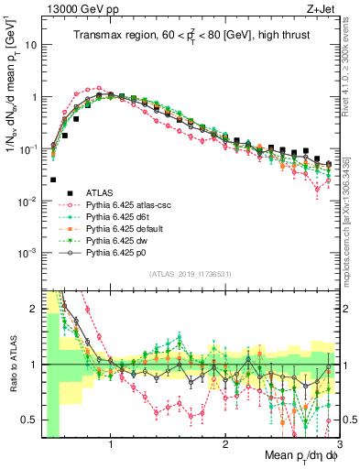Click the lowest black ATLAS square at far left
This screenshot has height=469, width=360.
coord(53,180)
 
